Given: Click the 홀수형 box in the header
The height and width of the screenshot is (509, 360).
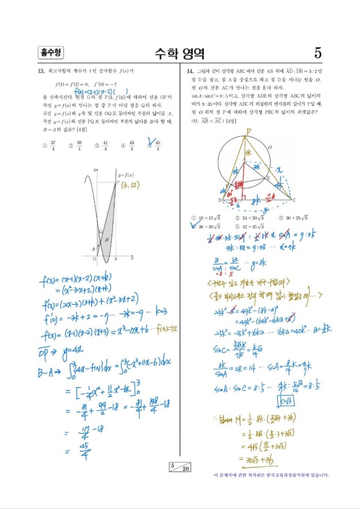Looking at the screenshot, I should tap(51, 52).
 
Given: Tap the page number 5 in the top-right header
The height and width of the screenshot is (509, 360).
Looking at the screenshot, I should tap(318, 52).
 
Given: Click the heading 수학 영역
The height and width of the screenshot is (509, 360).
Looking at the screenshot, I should tap(179, 53).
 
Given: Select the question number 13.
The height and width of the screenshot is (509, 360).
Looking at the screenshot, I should tap(41, 71).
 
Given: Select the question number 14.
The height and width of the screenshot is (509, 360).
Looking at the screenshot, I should tap(190, 71).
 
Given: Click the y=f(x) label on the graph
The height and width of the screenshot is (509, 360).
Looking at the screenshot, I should tap(125, 175).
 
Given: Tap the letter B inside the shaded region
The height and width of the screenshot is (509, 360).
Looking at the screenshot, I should tap(106, 239).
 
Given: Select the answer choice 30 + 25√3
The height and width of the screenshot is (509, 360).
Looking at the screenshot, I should tap(294, 217).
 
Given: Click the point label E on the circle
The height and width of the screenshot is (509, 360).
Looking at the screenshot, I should tap(268, 178).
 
